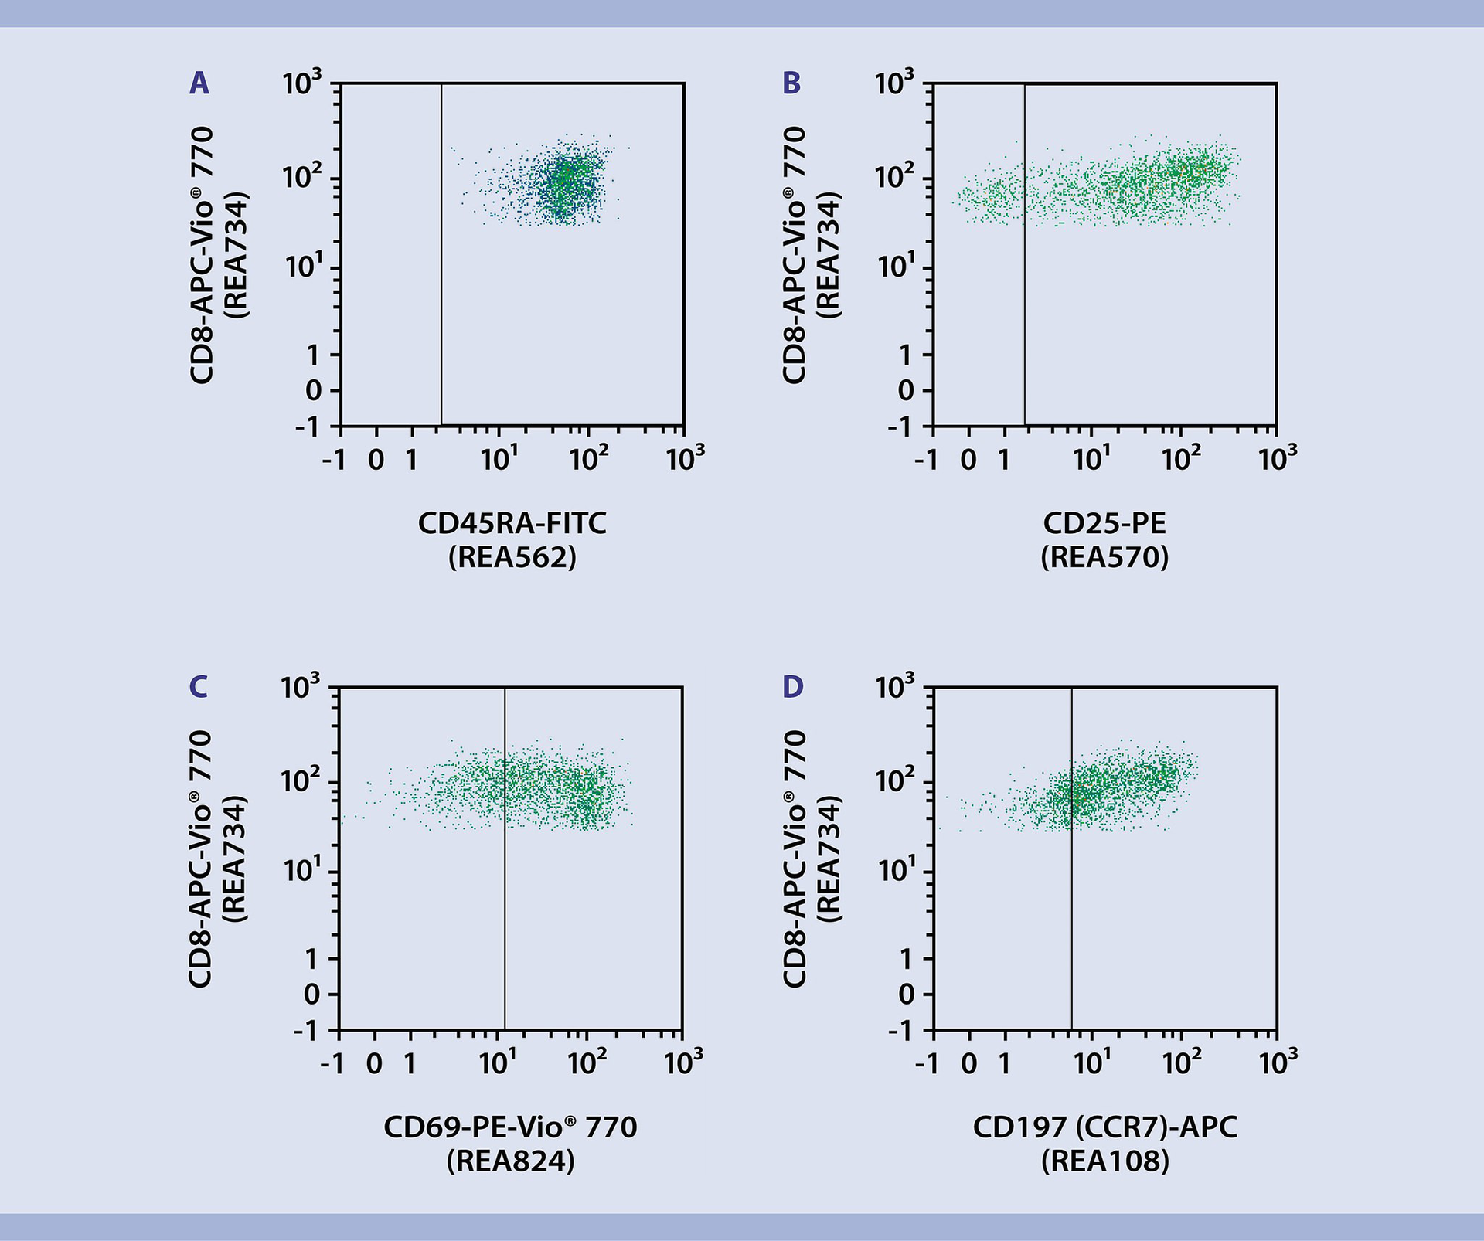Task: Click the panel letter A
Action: click(199, 83)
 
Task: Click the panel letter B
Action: click(791, 83)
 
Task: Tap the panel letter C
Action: click(198, 687)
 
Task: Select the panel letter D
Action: click(793, 687)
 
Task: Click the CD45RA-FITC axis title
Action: click(512, 524)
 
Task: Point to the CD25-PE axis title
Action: click(1104, 524)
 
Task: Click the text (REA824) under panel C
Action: click(510, 1161)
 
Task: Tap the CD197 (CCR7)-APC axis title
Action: click(1104, 1127)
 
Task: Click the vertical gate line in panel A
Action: click(441, 309)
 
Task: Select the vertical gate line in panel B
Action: click(1024, 309)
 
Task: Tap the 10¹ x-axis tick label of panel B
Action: click(1091, 460)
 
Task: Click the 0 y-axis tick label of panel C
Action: click(311, 994)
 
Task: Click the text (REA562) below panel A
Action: click(512, 557)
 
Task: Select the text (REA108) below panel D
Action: click(1104, 1161)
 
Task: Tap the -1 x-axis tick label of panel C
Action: click(332, 1064)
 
